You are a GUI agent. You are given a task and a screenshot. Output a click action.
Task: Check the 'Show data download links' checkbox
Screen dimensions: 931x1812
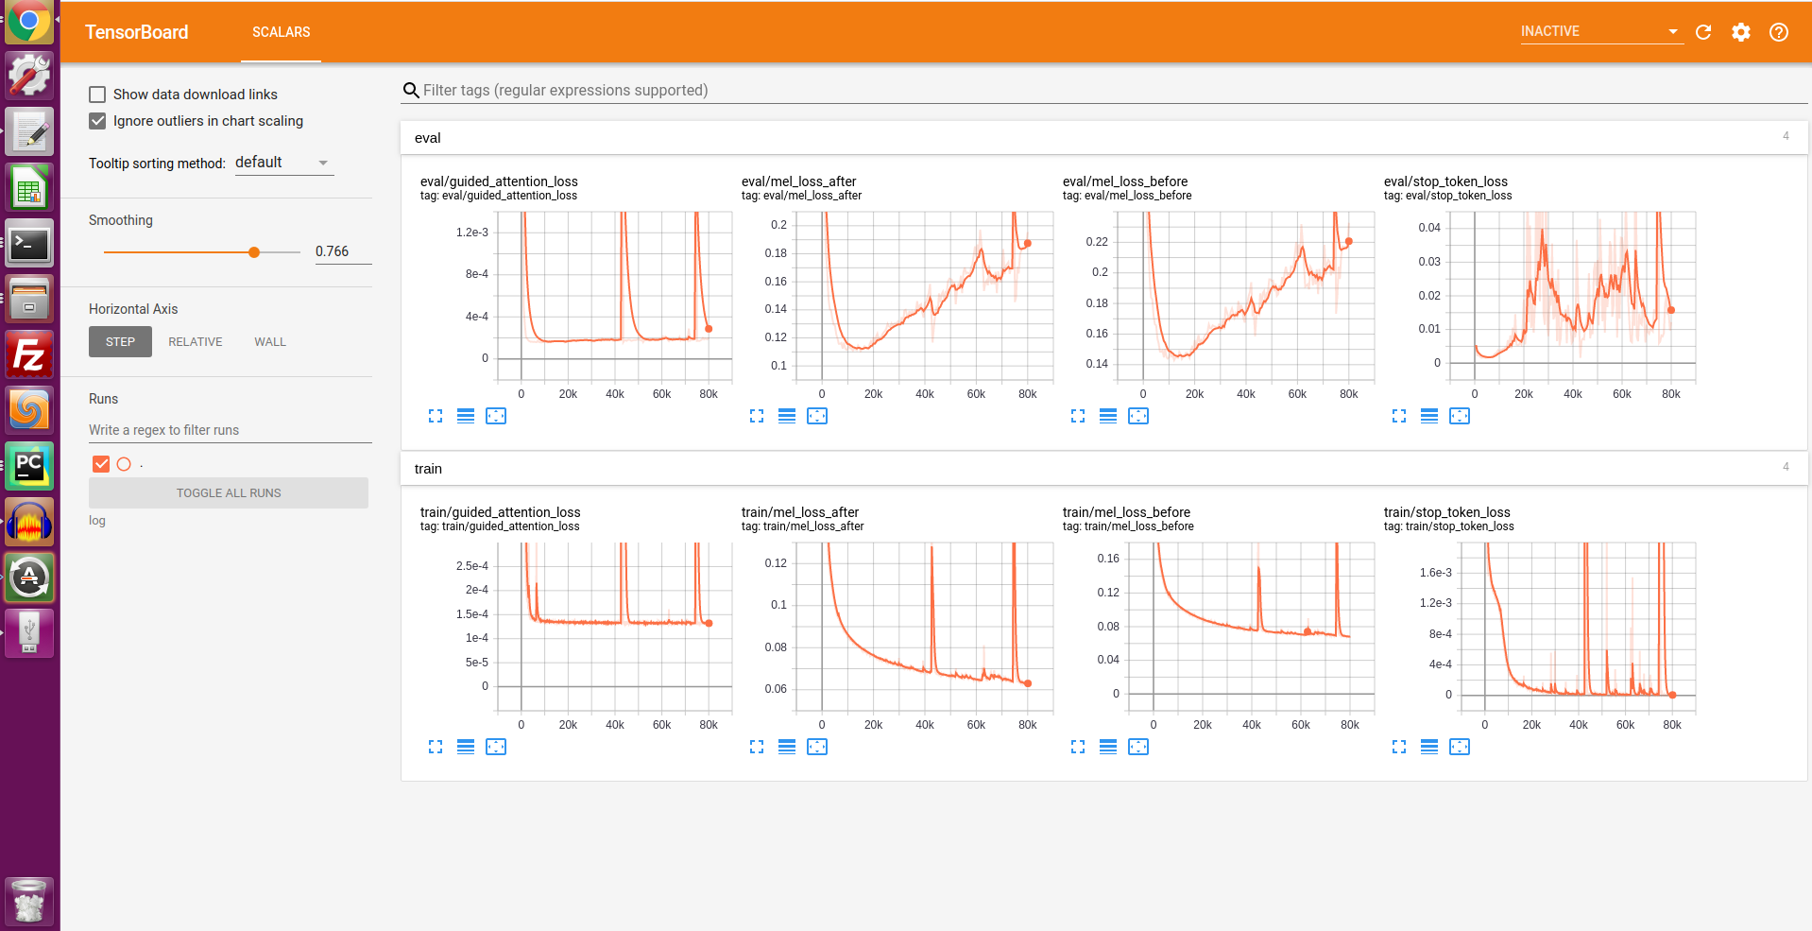click(x=97, y=95)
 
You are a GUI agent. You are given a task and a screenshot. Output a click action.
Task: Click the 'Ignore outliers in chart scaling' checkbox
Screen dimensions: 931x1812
click(x=97, y=121)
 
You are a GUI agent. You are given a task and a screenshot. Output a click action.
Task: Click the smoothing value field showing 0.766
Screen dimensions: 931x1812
click(x=342, y=251)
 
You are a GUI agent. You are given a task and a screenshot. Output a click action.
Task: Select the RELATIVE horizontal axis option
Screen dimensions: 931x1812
click(x=196, y=342)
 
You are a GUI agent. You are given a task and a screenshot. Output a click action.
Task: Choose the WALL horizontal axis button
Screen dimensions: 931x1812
click(x=270, y=342)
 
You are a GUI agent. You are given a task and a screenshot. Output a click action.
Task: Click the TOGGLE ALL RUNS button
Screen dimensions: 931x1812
click(x=229, y=493)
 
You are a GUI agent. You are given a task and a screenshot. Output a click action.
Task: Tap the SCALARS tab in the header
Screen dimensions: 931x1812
click(x=281, y=32)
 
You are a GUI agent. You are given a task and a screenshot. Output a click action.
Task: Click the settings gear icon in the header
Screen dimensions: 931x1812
click(x=1741, y=32)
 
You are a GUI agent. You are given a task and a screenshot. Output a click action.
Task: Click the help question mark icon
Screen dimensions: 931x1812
click(x=1779, y=32)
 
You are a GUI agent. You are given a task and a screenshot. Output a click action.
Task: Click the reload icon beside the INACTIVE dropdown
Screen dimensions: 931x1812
click(x=1703, y=32)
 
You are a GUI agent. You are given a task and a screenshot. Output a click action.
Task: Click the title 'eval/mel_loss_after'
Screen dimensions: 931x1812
click(x=798, y=181)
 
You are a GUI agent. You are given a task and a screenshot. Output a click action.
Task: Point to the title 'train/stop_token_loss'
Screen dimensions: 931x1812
click(x=1446, y=512)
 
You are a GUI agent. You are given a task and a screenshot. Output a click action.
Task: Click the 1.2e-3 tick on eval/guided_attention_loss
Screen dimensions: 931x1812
click(x=472, y=233)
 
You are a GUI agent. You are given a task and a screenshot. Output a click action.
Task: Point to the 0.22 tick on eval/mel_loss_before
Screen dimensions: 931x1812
click(x=1097, y=242)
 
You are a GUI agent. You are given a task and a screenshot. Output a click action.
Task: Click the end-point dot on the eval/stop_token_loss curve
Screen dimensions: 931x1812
click(x=1671, y=310)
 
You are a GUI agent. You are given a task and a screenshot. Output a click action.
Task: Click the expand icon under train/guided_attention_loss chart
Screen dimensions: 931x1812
click(x=436, y=747)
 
